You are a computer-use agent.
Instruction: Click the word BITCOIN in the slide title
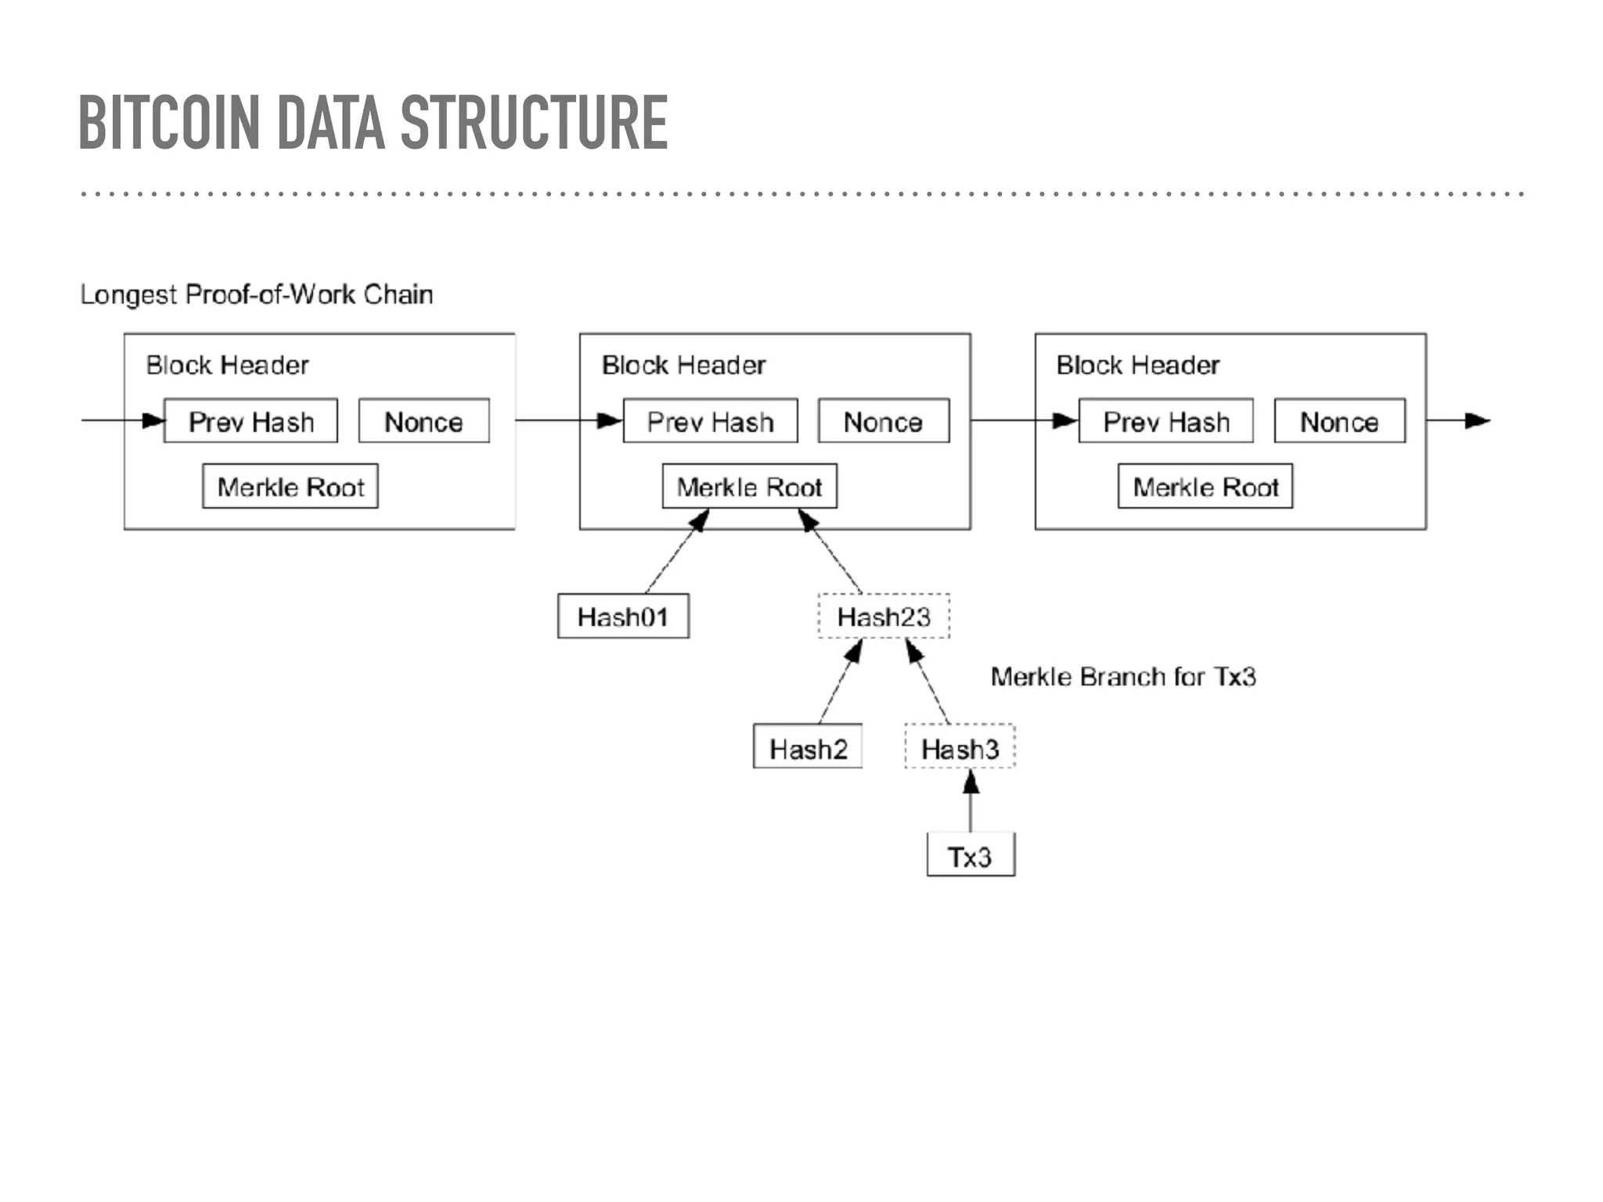click(x=168, y=123)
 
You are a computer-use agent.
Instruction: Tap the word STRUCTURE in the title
click(x=534, y=123)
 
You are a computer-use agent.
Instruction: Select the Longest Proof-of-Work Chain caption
click(x=256, y=295)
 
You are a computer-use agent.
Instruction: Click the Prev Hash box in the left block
click(x=250, y=422)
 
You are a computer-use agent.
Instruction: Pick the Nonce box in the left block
click(x=423, y=422)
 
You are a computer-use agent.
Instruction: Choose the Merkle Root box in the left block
click(x=290, y=487)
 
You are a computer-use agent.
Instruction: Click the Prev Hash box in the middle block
click(x=710, y=422)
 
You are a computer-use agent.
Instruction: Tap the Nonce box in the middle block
click(x=883, y=422)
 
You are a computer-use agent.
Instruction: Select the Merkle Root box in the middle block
click(x=749, y=487)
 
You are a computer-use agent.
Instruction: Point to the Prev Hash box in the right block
click(x=1165, y=422)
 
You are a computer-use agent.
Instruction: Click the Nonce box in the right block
click(x=1339, y=422)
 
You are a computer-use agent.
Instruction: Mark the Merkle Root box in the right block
click(x=1205, y=487)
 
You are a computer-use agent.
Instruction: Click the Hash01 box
click(x=623, y=617)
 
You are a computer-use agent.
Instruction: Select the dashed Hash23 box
click(x=884, y=617)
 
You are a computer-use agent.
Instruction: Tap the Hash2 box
click(x=808, y=748)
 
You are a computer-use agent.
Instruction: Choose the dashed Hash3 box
click(x=960, y=748)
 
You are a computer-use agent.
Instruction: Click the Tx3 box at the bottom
click(x=971, y=856)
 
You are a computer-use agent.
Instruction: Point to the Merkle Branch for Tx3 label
click(x=1123, y=677)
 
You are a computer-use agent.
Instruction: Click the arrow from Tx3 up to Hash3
click(x=971, y=802)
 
